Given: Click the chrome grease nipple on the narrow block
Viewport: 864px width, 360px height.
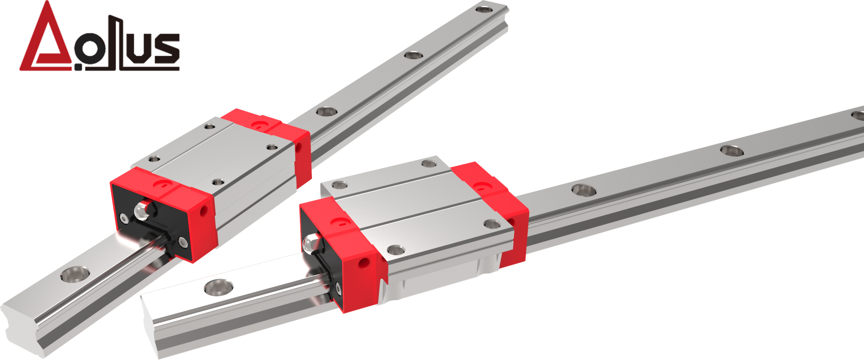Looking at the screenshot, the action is [x=143, y=210].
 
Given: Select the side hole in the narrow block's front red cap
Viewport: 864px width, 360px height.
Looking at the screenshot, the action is [x=205, y=210].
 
